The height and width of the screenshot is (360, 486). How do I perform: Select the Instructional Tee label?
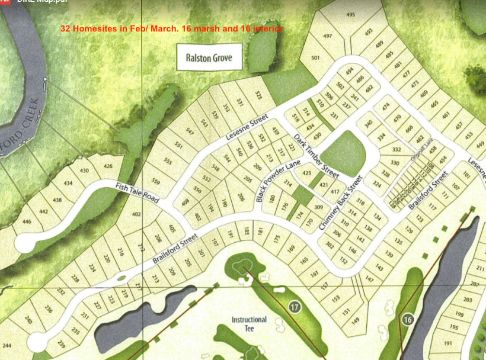(249, 323)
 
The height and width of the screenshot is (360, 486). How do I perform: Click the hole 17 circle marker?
(295, 307)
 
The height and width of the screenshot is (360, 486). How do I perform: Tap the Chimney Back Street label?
(341, 203)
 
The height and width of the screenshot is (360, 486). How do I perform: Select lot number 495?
(350, 14)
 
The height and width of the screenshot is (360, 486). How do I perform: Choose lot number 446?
(27, 222)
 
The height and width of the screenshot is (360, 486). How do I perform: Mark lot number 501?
(315, 57)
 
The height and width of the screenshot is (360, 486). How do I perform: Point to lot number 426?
(107, 166)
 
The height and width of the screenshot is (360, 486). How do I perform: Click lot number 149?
(355, 321)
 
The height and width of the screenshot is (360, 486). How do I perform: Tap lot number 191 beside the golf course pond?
(447, 343)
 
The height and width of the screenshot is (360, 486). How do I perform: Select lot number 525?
(258, 95)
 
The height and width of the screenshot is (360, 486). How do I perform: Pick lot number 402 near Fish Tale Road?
(136, 214)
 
